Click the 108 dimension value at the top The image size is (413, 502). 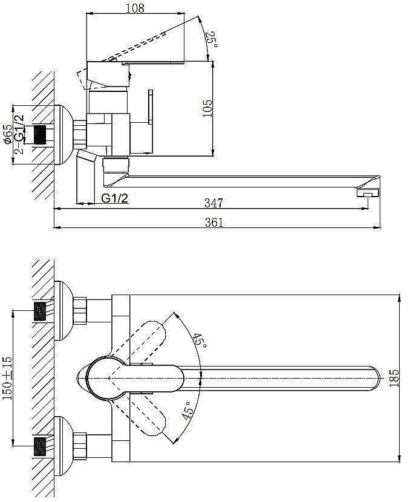click(x=135, y=8)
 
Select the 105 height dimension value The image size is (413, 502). click(x=207, y=108)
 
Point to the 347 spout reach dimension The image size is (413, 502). click(x=213, y=203)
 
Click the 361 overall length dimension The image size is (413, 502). click(x=214, y=222)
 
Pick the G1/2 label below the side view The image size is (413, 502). click(x=115, y=198)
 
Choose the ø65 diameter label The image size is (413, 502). click(x=8, y=134)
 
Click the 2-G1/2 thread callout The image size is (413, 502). click(x=19, y=134)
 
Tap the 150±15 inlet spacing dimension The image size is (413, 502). click(x=7, y=378)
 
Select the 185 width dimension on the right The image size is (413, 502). click(x=394, y=378)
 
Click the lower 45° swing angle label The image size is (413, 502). click(x=188, y=411)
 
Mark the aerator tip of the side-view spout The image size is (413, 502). click(x=368, y=193)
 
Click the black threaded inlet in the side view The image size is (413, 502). click(x=40, y=135)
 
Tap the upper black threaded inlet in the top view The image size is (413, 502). click(x=40, y=311)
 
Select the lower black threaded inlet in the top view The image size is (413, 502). click(x=40, y=446)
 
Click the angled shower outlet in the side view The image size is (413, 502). click(x=87, y=157)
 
